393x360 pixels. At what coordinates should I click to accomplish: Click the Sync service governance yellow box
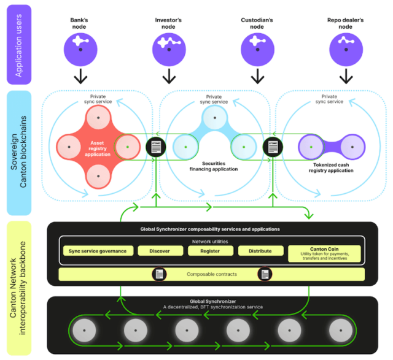tap(97, 251)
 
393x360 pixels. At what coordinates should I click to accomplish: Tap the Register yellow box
tap(211, 251)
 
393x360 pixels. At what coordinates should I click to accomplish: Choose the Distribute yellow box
tap(260, 251)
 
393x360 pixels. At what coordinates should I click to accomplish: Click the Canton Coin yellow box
tap(322, 253)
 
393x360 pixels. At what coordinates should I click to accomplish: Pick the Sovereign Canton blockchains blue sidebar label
tap(19, 153)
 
